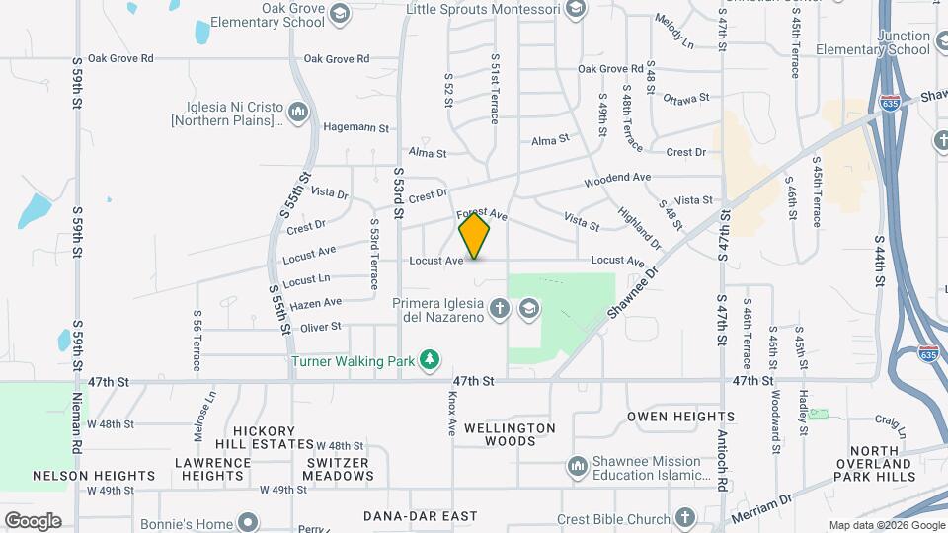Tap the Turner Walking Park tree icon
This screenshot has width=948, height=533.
429,360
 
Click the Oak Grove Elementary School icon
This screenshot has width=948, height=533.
340,13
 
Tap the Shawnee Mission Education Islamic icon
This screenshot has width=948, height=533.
577,465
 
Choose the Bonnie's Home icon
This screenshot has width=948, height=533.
248,521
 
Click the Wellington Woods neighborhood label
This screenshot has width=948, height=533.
510,434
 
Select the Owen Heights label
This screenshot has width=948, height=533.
680,417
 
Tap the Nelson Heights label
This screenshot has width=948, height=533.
94,476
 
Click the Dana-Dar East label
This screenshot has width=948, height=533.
420,516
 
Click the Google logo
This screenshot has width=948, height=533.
33,521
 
